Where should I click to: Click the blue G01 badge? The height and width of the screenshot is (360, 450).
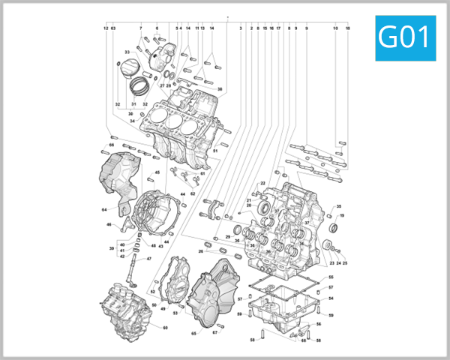(x=405, y=37)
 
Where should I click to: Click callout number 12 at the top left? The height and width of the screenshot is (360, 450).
(x=106, y=28)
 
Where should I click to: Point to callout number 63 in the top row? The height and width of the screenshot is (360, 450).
(x=113, y=28)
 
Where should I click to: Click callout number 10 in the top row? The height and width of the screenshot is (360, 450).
(x=334, y=28)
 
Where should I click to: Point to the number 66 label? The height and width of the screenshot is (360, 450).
(x=111, y=145)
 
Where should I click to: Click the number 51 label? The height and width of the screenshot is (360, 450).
(x=214, y=151)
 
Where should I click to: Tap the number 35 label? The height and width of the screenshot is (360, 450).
(x=338, y=206)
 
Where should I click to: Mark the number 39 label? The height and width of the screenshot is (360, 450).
(x=111, y=248)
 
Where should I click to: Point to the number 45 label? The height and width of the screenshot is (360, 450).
(x=157, y=172)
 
